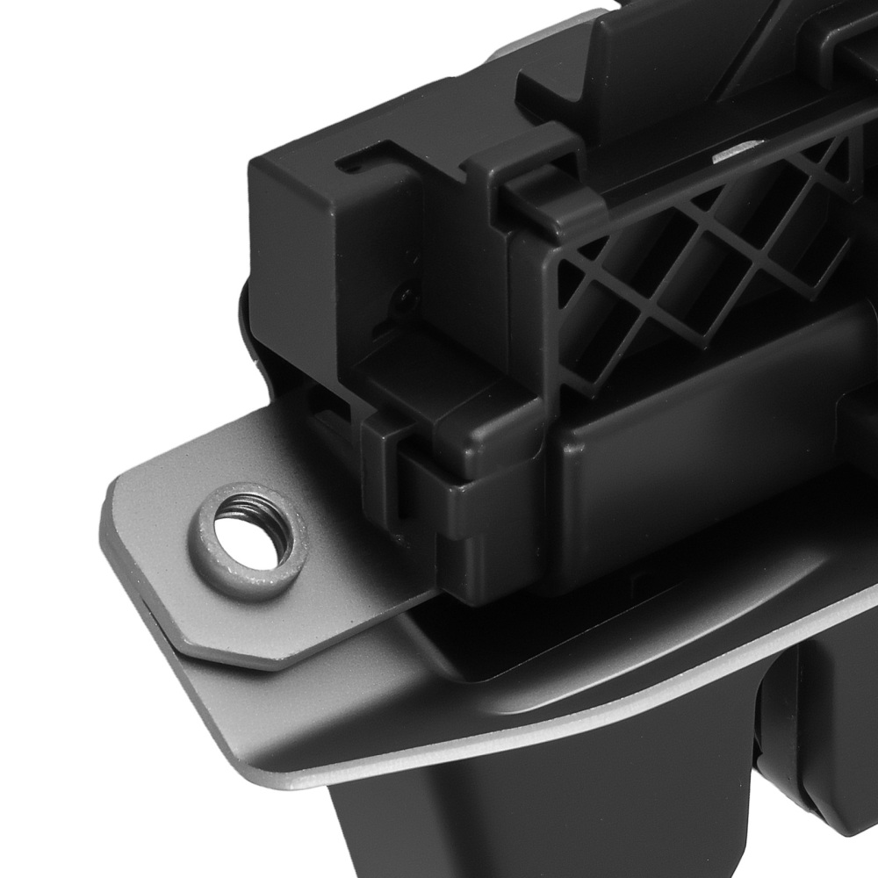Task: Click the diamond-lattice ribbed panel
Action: (694, 263)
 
